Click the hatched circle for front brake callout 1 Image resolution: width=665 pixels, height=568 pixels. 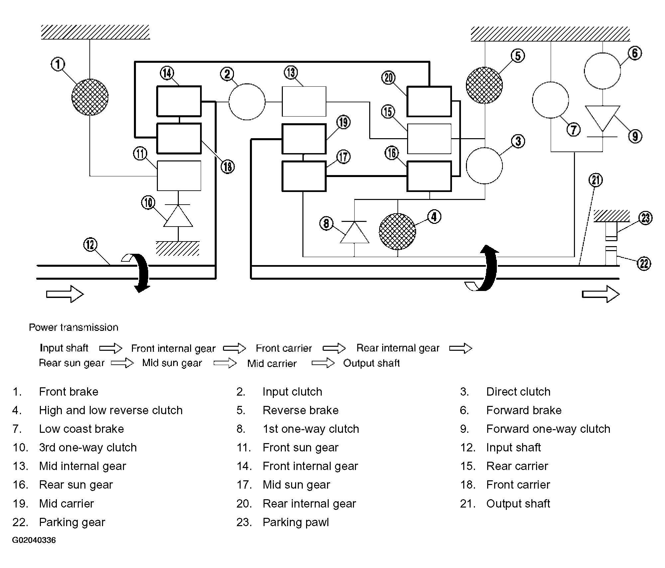(x=90, y=97)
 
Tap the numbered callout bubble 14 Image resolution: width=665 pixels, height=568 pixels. (x=167, y=73)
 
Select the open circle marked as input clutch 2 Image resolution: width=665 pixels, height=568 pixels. (x=247, y=102)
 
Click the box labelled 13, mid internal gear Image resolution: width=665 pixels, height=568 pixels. (x=304, y=102)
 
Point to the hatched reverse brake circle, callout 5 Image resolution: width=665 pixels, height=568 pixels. (x=484, y=85)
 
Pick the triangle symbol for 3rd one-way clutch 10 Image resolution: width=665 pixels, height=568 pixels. (x=178, y=216)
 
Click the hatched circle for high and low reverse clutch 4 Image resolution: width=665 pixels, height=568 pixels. (x=397, y=232)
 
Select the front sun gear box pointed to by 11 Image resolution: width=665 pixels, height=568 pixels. (x=179, y=176)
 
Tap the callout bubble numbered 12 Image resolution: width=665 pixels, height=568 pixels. (x=90, y=245)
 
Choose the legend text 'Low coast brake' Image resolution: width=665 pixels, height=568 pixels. (x=81, y=429)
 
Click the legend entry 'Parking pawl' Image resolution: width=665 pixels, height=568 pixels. (x=295, y=522)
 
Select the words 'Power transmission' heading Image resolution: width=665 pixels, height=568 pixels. (x=73, y=327)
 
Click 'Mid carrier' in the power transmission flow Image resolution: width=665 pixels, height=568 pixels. (x=272, y=363)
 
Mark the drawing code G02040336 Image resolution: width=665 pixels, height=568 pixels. (x=34, y=540)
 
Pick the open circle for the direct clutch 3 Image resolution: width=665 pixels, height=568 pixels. (x=484, y=166)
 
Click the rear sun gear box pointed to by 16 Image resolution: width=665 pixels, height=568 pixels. (x=429, y=176)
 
